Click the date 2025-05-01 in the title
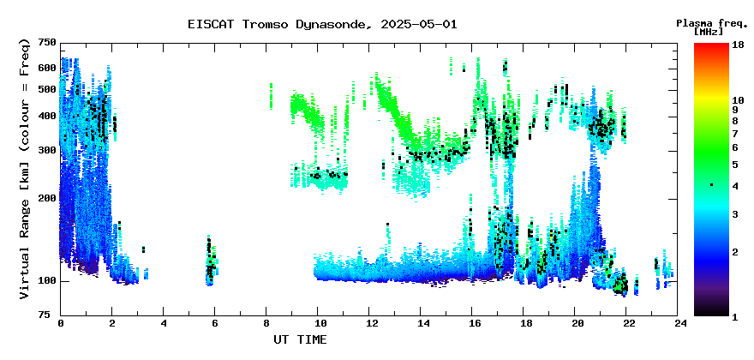click(419, 25)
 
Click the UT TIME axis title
click(300, 339)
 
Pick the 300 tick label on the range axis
click(48, 151)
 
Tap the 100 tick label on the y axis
click(48, 281)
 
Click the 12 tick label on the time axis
click(368, 324)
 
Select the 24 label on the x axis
click(678, 324)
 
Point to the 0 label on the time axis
click(61, 324)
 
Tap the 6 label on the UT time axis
click(215, 324)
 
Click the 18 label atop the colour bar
click(738, 45)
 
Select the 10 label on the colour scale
click(738, 100)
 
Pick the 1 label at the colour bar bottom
click(735, 316)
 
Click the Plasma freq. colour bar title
click(712, 23)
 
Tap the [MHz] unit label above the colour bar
click(709, 32)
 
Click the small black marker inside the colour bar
click(712, 185)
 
